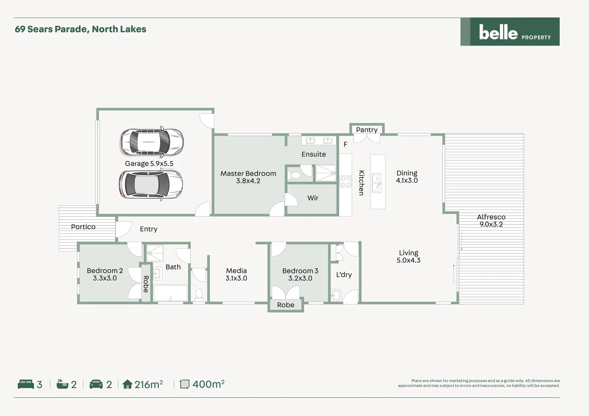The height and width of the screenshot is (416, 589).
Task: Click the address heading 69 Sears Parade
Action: tap(80, 29)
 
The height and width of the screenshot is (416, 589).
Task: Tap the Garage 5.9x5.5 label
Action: tap(149, 164)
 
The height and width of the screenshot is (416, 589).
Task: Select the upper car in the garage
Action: tap(152, 142)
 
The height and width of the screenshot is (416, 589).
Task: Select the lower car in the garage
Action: tap(151, 185)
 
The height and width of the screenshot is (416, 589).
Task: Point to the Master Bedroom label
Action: tap(248, 177)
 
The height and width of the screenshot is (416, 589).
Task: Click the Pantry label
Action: tap(367, 130)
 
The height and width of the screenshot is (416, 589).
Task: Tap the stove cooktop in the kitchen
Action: tap(345, 181)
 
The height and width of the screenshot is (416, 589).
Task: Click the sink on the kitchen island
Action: tap(377, 183)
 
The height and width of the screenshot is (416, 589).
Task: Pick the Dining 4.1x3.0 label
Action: tap(407, 177)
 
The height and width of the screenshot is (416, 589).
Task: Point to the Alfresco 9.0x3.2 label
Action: tap(491, 221)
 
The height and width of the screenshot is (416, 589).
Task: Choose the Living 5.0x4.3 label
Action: tap(408, 257)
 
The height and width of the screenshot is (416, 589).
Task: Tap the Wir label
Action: tap(313, 198)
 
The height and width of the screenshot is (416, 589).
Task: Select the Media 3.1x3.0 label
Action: tap(236, 274)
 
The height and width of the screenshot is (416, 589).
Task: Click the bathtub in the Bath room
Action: tap(170, 293)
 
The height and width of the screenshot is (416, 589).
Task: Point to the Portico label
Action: tap(83, 227)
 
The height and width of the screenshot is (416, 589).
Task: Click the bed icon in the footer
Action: tap(26, 384)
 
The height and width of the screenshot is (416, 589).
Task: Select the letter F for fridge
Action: tap(345, 144)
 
